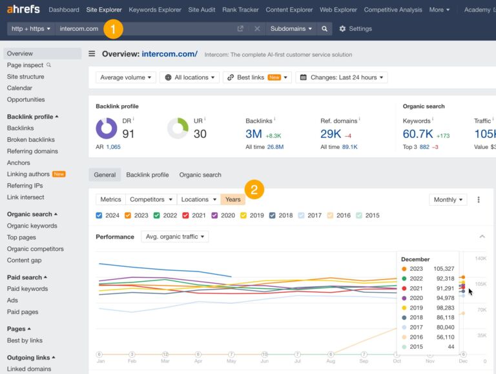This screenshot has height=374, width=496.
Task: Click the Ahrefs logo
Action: (x=23, y=10)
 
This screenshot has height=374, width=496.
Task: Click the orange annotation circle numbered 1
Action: (x=113, y=28)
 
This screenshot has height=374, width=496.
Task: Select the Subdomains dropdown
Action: (x=291, y=29)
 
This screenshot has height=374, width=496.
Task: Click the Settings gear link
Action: (x=355, y=29)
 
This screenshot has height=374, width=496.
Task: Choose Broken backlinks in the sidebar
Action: (x=31, y=140)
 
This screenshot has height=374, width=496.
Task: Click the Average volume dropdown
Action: (x=126, y=77)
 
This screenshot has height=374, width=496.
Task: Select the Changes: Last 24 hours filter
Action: (x=341, y=77)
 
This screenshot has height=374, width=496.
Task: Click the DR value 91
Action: (x=129, y=133)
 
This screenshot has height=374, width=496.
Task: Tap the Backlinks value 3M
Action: (x=253, y=133)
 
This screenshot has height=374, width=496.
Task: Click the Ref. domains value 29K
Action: (x=331, y=133)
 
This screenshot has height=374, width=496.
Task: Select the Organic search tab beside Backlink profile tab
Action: (x=200, y=175)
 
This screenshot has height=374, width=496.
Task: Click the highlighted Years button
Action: (x=232, y=199)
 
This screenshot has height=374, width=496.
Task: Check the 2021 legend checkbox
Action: (x=185, y=215)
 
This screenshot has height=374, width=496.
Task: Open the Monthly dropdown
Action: (x=448, y=200)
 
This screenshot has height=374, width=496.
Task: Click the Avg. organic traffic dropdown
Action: (x=174, y=237)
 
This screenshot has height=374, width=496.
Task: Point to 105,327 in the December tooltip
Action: (x=442, y=269)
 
